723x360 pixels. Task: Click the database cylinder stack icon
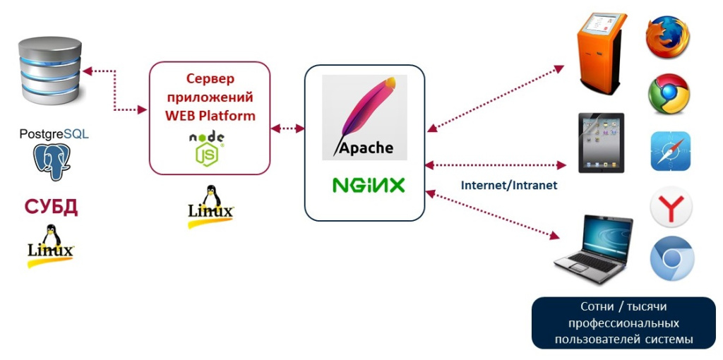[49, 71]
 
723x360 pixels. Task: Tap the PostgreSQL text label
[54, 133]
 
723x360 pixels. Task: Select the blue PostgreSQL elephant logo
[53, 162]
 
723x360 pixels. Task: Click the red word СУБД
[51, 208]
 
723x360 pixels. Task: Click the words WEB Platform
[210, 114]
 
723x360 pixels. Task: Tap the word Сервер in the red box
[210, 78]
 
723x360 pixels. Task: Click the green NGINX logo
[369, 186]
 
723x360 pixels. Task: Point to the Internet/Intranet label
[509, 186]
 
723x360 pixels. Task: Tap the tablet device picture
[601, 142]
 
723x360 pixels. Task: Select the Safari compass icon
[670, 151]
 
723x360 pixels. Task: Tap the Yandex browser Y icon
[671, 208]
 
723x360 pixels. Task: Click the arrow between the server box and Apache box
[287, 128]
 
